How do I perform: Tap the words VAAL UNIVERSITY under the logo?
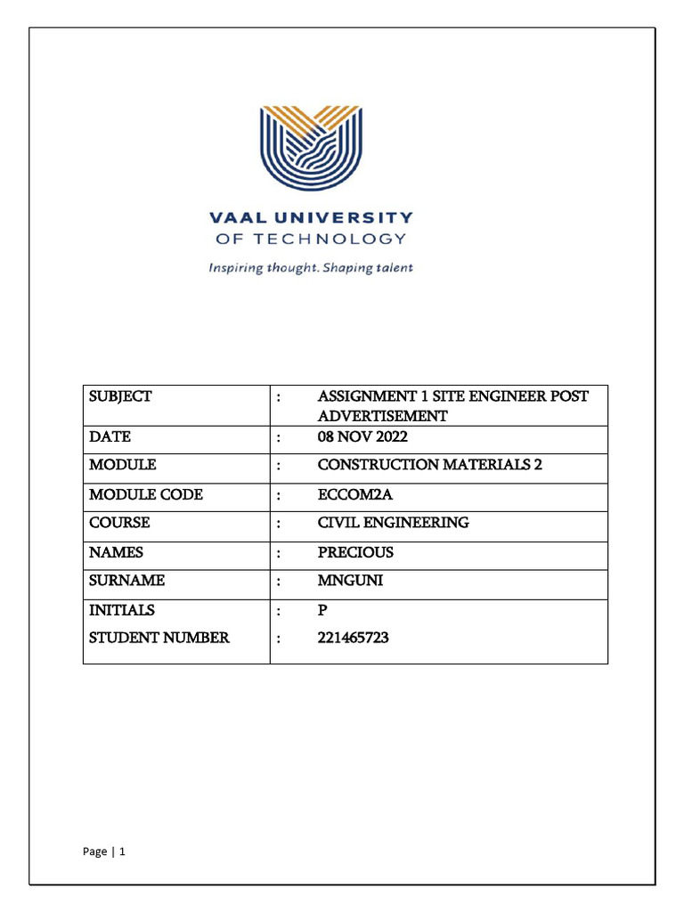[x=311, y=217]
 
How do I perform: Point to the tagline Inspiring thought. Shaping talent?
[x=311, y=267]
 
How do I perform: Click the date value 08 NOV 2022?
[x=362, y=436]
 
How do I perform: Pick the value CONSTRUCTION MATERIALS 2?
[x=430, y=465]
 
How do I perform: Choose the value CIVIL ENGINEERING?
[x=394, y=523]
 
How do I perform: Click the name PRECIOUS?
[x=355, y=552]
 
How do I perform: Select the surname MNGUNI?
[x=350, y=581]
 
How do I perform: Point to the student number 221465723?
[x=354, y=638]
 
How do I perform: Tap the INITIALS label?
[x=122, y=610]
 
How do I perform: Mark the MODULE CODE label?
[x=146, y=494]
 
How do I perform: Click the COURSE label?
[x=119, y=523]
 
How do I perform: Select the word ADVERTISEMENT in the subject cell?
[x=383, y=416]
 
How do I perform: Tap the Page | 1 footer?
[x=104, y=852]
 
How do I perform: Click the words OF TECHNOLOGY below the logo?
[x=311, y=239]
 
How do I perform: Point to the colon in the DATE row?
[x=279, y=437]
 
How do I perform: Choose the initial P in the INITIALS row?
[x=322, y=610]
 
